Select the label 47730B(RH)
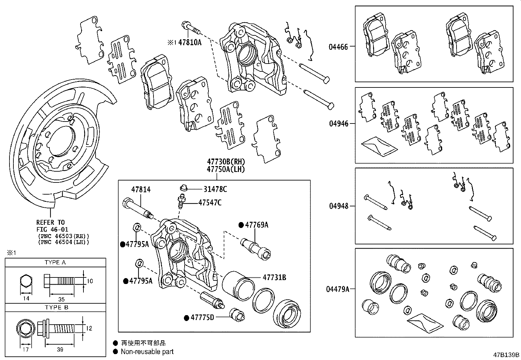tap(225, 162)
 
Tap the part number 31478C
tap(215, 189)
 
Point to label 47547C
tap(210, 203)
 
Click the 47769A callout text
tap(257, 225)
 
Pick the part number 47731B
tap(274, 277)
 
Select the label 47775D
tap(202, 317)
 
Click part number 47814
tap(141, 189)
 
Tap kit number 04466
tap(338, 47)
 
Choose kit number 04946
tap(338, 123)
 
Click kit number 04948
tap(338, 206)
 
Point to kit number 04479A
tap(337, 289)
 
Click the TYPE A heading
tap(55, 262)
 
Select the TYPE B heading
tap(55, 307)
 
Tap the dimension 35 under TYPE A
tap(61, 299)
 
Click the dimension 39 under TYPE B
tap(60, 350)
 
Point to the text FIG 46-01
tap(52, 229)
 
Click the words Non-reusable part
tap(147, 352)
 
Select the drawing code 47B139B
tap(506, 355)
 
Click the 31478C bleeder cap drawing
tap(184, 188)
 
